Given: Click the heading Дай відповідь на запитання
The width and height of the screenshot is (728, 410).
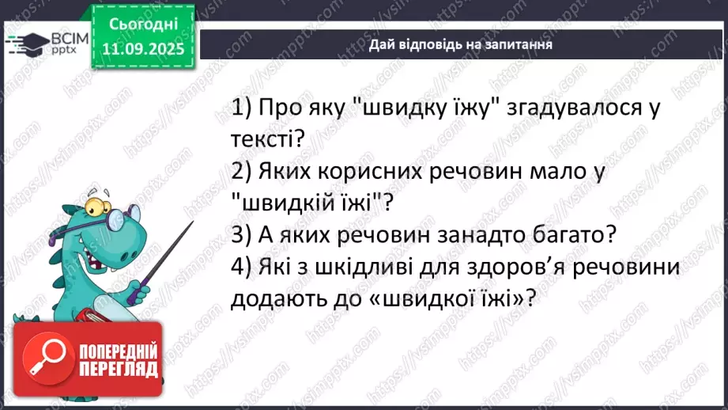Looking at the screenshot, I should (x=460, y=44).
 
